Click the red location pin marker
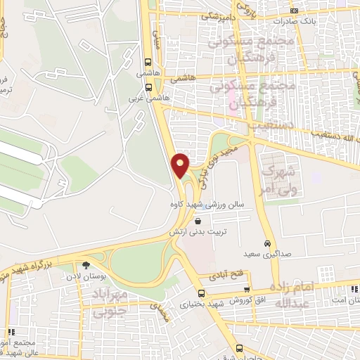[181, 165]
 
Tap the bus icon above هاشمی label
[148, 61]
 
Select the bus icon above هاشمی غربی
[148, 88]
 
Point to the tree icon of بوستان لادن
[86, 266]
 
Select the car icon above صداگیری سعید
[269, 238]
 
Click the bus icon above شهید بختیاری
[202, 294]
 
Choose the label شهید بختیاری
[201, 304]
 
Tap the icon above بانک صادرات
[295, 11]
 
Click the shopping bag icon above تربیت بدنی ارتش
[206, 221]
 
